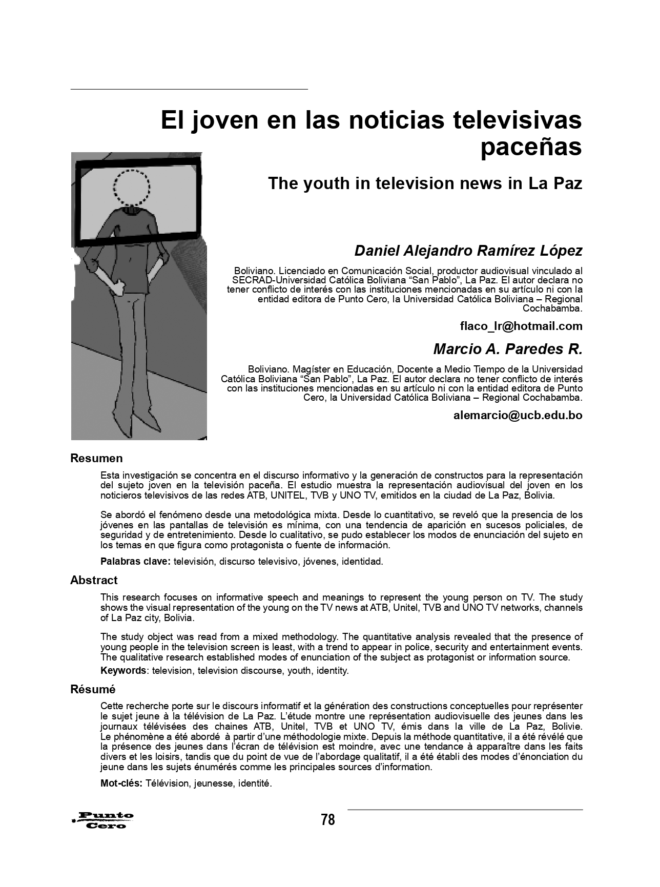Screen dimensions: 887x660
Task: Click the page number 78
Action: (328, 820)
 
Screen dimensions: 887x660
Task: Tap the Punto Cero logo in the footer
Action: (104, 820)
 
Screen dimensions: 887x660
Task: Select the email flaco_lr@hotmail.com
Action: (521, 326)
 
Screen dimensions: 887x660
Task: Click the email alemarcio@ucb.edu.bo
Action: (518, 415)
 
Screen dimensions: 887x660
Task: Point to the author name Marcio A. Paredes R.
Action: (508, 349)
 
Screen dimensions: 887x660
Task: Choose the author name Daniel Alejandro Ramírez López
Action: (468, 251)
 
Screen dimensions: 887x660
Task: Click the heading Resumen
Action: (96, 458)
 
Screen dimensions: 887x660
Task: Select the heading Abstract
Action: (94, 580)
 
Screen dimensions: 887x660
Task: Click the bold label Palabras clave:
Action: (135, 561)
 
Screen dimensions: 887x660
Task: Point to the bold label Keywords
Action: (123, 670)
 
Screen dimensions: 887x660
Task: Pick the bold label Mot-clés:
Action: (121, 783)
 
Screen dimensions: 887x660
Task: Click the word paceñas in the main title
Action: (531, 147)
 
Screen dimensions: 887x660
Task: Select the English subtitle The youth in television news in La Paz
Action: (425, 183)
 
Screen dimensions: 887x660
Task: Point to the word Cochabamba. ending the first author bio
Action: (552, 308)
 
